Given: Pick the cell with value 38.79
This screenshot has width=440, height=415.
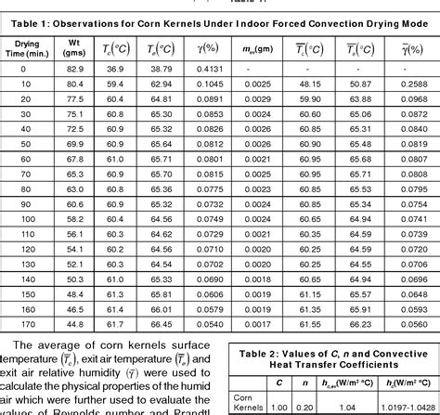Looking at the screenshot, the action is click(x=162, y=70).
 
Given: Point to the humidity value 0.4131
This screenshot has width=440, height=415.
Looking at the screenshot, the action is click(x=212, y=70).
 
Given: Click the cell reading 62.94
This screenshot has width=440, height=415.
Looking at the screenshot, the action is click(x=162, y=84).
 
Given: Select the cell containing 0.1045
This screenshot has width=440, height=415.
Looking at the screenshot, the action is click(x=212, y=84).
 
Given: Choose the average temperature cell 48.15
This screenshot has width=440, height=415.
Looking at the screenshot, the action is click(x=309, y=84).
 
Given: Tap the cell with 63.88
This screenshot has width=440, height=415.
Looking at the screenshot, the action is click(x=359, y=98).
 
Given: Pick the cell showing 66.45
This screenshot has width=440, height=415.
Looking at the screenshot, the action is click(x=162, y=323).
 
